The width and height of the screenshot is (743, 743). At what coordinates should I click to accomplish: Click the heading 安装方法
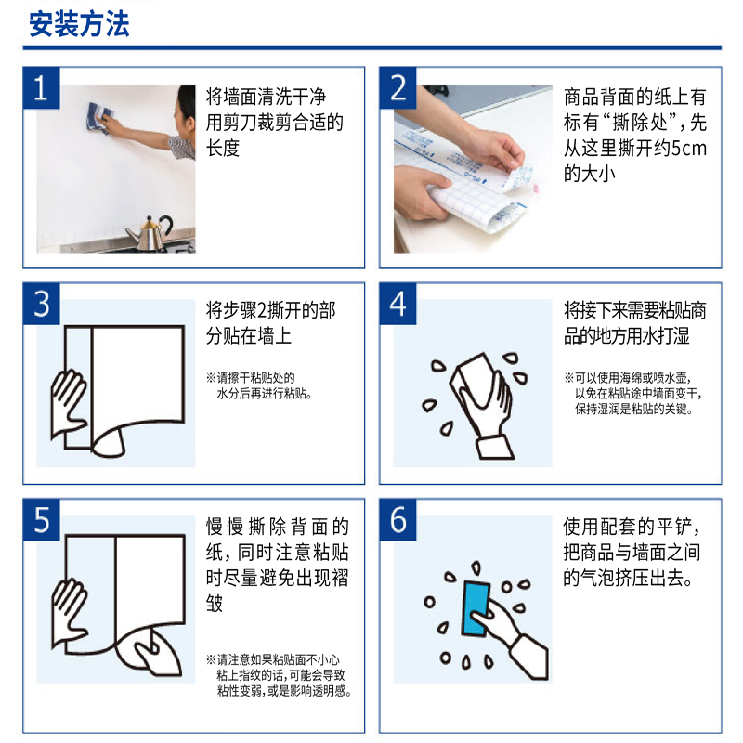[x=79, y=24]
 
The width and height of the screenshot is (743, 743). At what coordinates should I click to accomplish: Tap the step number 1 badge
[x=41, y=88]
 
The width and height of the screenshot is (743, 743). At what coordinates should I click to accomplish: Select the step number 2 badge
[x=398, y=88]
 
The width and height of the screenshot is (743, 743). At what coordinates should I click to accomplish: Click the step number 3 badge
[x=41, y=304]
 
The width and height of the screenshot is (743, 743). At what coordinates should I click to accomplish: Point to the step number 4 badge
[x=398, y=304]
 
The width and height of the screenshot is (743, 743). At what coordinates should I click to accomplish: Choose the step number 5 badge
[x=41, y=520]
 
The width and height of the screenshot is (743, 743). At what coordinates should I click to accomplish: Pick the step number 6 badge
[x=398, y=520]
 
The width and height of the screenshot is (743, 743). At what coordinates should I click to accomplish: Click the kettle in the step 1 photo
[x=150, y=233]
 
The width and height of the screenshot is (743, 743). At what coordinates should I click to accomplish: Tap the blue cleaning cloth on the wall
[x=99, y=117]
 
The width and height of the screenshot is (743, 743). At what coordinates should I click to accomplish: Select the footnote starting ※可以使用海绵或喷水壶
[x=633, y=393]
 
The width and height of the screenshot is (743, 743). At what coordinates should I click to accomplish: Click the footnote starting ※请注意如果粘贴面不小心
[x=280, y=675]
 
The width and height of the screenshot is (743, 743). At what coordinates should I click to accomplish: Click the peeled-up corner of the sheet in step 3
[x=109, y=443]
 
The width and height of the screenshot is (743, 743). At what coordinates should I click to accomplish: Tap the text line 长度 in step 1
[x=223, y=149]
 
